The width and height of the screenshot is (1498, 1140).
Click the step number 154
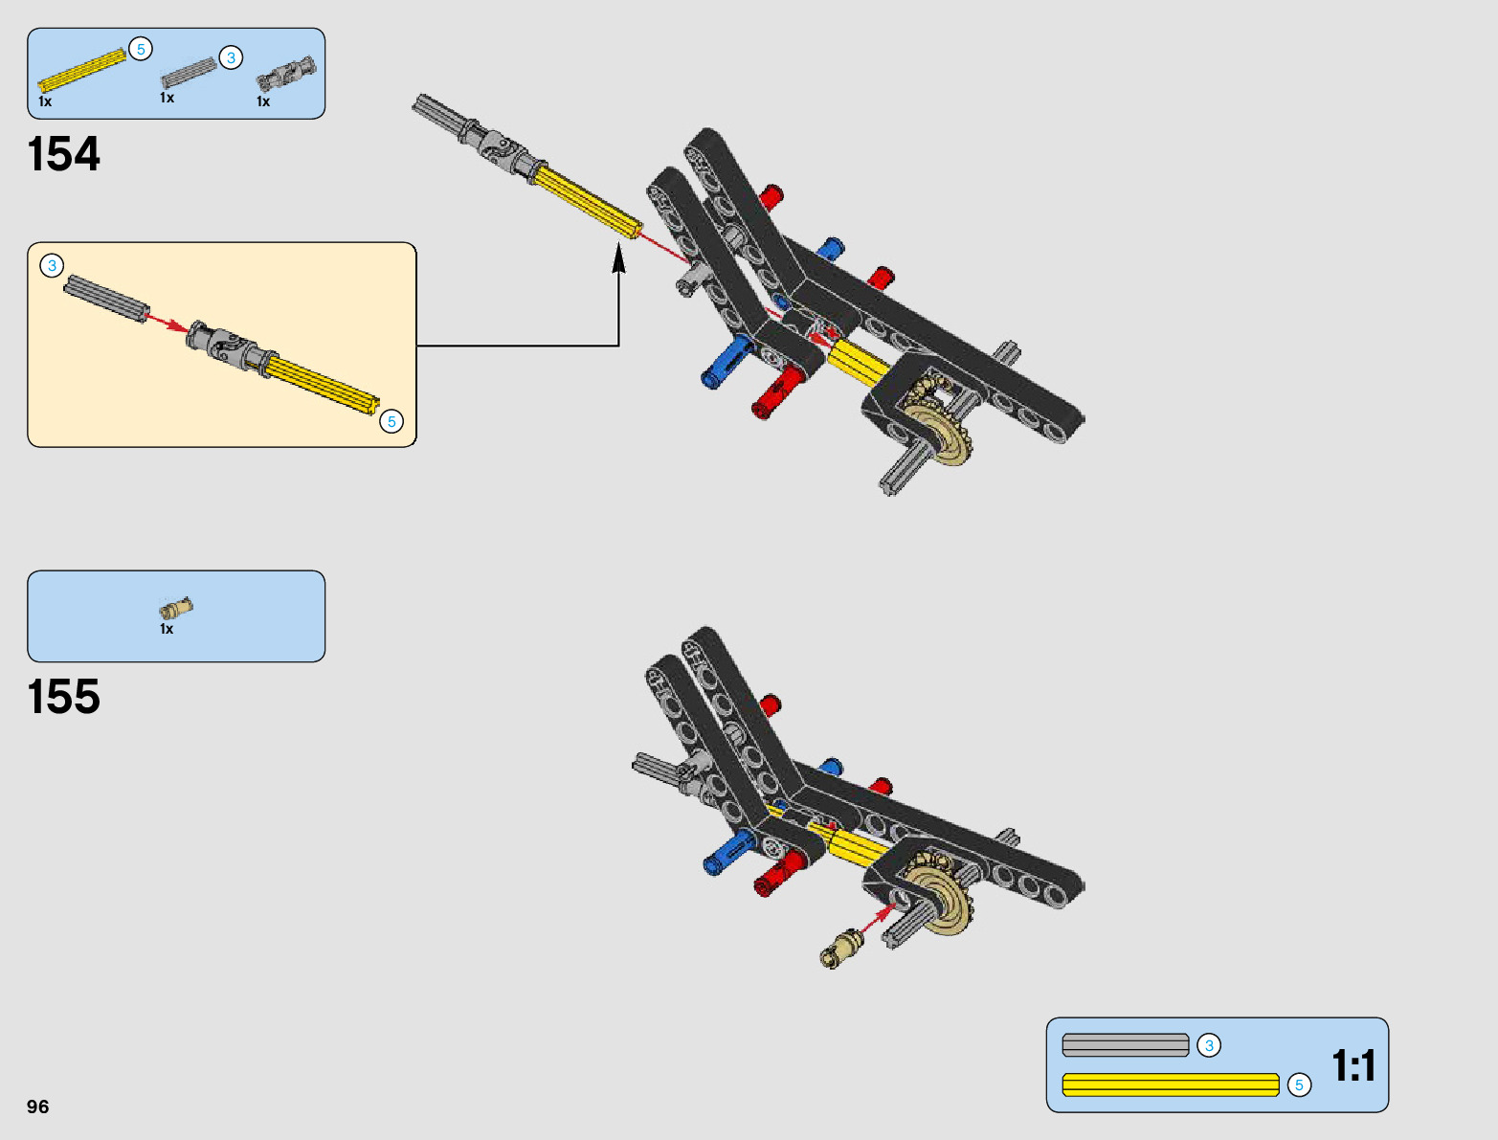click(64, 154)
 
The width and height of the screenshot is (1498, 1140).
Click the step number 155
click(64, 697)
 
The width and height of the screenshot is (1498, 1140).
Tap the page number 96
click(38, 1106)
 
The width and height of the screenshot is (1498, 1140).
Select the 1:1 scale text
click(1353, 1065)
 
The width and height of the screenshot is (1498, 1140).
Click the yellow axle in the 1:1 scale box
click(1170, 1084)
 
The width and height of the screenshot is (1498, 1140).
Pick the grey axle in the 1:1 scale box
click(1125, 1045)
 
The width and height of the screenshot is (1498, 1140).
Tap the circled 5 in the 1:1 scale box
click(1299, 1084)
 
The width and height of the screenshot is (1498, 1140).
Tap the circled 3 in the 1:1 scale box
click(1209, 1045)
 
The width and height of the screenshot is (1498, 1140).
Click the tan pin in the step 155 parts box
click(176, 608)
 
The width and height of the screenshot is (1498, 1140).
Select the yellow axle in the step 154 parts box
click(82, 70)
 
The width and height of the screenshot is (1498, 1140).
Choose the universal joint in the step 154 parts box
click(286, 75)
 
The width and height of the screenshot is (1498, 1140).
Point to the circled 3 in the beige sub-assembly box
click(52, 266)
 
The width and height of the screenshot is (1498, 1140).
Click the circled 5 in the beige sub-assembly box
click(391, 421)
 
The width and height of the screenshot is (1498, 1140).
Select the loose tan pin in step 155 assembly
click(841, 948)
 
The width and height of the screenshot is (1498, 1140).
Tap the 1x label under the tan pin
click(167, 629)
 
